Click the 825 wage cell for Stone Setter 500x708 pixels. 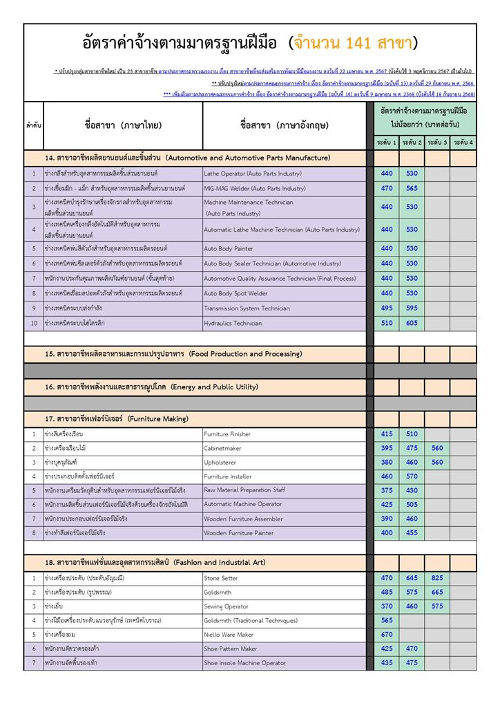437,577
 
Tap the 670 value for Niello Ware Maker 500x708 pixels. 387,634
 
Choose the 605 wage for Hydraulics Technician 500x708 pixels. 412,323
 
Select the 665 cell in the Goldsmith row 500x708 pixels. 437,592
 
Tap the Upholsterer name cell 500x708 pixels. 221,462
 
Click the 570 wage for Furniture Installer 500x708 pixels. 412,476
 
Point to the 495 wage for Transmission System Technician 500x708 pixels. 387,308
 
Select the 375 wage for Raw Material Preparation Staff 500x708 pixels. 387,490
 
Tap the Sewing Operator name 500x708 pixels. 226,606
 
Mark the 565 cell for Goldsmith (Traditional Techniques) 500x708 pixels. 387,620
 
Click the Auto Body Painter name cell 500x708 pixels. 228,248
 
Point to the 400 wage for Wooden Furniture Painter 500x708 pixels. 387,532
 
